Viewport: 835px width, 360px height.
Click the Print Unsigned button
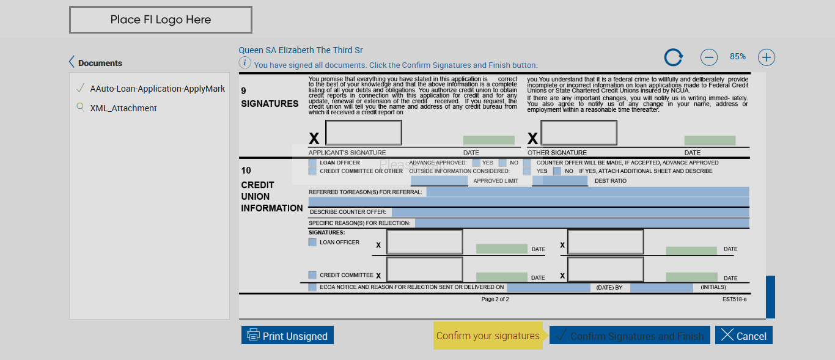(287, 336)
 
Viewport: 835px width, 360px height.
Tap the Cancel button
(744, 336)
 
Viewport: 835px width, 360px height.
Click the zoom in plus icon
(766, 57)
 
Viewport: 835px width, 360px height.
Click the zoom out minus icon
(708, 57)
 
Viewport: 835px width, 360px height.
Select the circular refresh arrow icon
(674, 57)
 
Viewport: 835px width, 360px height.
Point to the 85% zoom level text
(737, 57)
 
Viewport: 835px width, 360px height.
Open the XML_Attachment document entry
(123, 108)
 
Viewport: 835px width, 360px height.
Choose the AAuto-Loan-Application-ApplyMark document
(157, 89)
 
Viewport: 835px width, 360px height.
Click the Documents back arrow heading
(96, 63)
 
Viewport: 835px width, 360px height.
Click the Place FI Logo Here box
(161, 20)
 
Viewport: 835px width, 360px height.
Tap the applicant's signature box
(363, 133)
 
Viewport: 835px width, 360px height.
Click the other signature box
(578, 133)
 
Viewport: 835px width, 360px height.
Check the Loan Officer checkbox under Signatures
(312, 242)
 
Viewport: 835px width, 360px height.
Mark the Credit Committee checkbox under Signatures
(312, 275)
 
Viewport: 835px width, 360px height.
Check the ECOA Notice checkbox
(312, 287)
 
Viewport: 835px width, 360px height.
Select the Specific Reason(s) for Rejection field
(581, 223)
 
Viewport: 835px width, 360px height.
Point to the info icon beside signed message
(245, 63)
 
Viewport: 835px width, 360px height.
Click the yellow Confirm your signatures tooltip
(488, 336)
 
